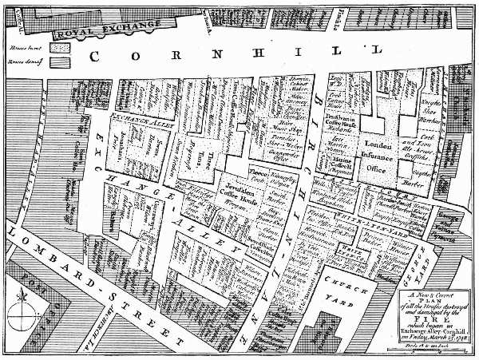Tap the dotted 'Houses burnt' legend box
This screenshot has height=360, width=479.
pyautogui.click(x=60, y=48)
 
